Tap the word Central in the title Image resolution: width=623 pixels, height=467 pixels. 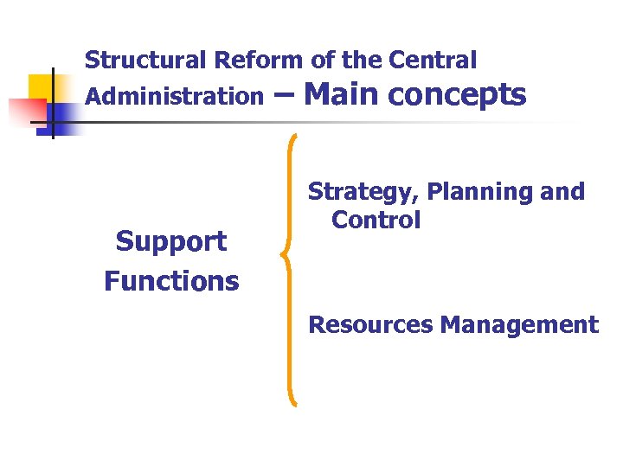(x=433, y=61)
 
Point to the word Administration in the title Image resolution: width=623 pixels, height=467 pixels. (x=173, y=96)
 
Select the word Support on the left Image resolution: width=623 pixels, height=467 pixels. (x=171, y=241)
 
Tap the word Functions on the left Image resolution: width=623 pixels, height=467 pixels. (x=171, y=281)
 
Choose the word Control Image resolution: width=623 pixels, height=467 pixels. (x=376, y=220)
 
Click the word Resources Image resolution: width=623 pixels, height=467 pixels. (x=370, y=325)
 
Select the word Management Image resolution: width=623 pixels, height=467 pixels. (x=519, y=325)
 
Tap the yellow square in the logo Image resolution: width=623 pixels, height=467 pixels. (x=43, y=88)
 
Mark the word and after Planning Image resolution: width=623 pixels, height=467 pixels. (x=562, y=192)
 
